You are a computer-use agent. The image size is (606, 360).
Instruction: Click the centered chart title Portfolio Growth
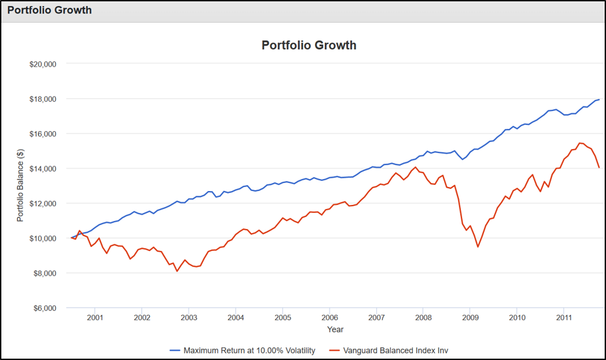(x=309, y=45)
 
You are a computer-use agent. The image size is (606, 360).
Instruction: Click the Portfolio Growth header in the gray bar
(x=49, y=11)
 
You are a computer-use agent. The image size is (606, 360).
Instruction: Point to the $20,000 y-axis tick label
(x=43, y=64)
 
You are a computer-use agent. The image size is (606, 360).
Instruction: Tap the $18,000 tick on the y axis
(x=43, y=99)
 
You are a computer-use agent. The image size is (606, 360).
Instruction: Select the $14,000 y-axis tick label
(x=43, y=169)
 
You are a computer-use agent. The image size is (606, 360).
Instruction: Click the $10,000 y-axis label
(x=43, y=238)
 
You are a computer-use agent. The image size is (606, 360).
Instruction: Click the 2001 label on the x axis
(x=95, y=317)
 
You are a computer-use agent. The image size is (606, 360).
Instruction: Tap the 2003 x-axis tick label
(x=188, y=317)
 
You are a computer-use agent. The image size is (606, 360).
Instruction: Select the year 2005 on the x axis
(x=282, y=317)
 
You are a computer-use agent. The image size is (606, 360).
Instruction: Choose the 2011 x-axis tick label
(x=564, y=317)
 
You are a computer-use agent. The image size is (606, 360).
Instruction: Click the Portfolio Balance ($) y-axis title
(x=21, y=186)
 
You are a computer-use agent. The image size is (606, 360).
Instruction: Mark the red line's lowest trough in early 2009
(x=477, y=247)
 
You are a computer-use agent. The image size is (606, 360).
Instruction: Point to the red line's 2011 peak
(x=579, y=143)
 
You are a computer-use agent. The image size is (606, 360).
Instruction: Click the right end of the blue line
(x=599, y=100)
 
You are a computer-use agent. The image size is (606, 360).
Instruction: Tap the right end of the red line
(x=599, y=168)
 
